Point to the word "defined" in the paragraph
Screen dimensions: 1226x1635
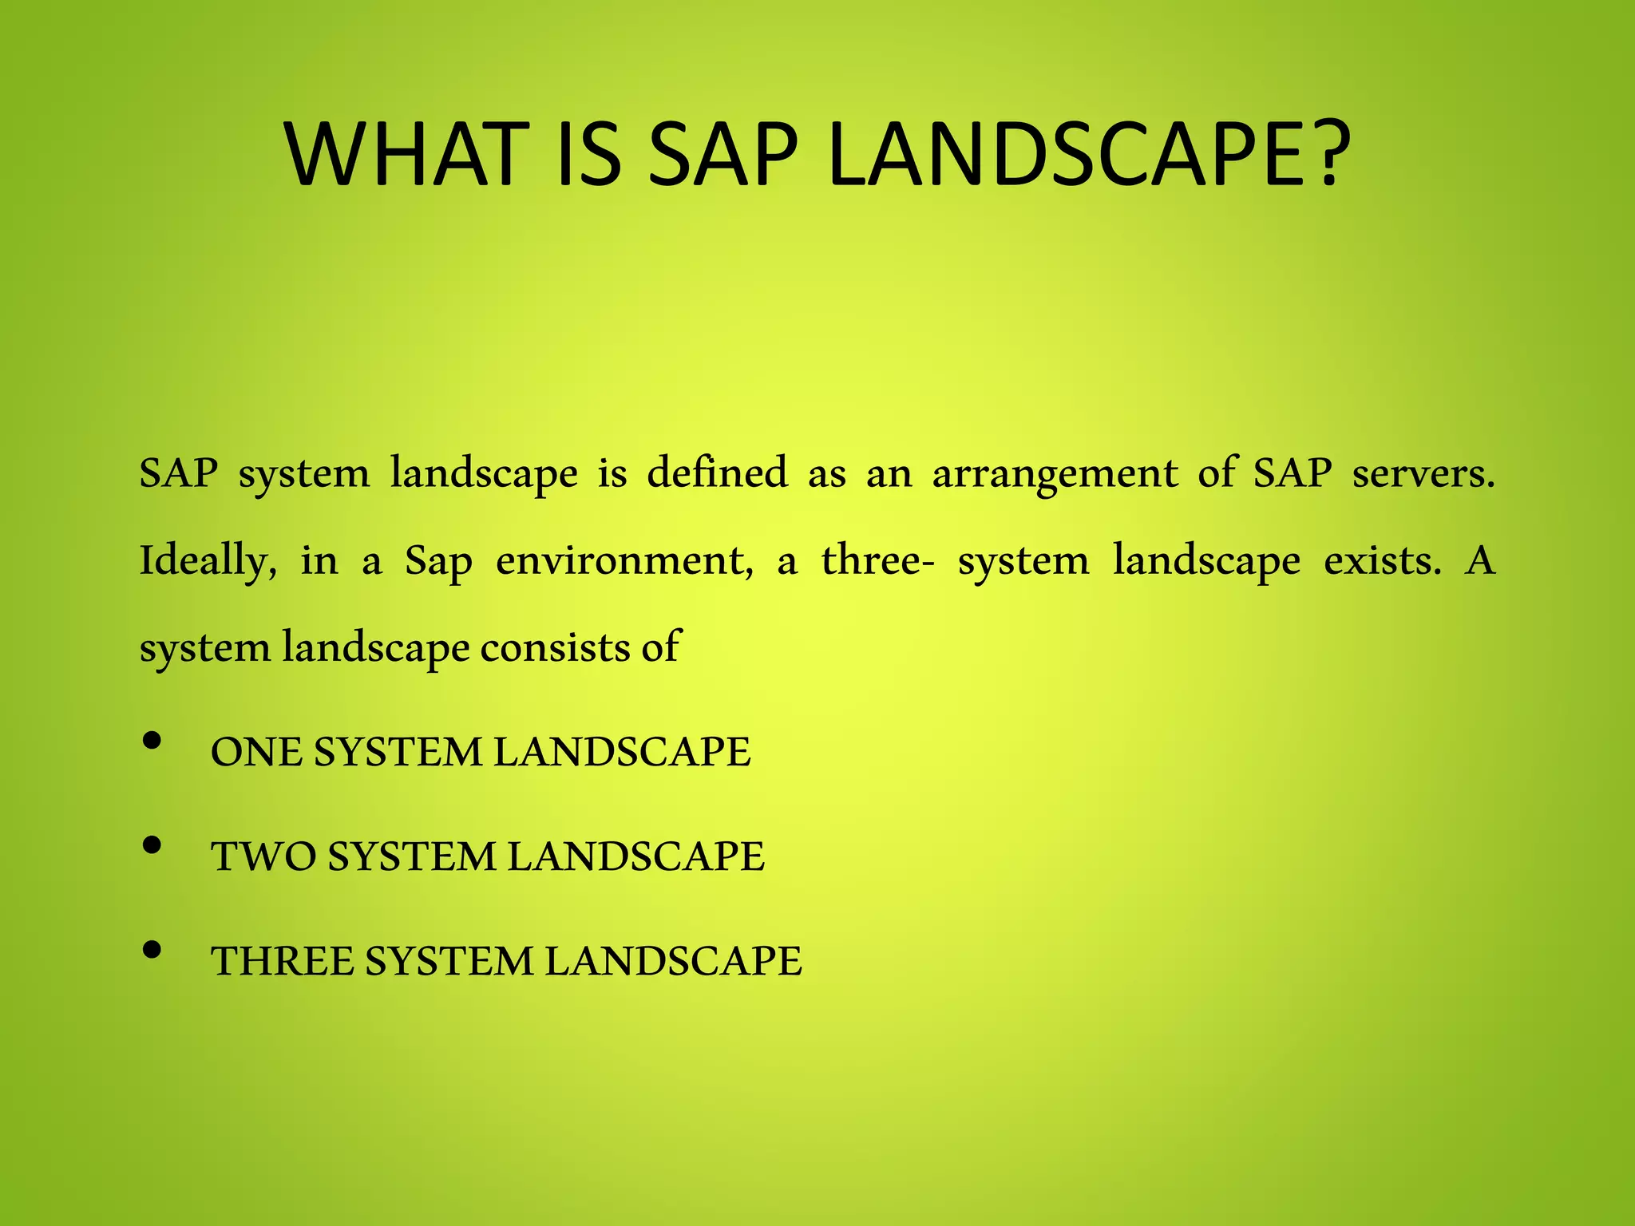[x=716, y=473]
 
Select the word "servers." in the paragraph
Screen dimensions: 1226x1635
[x=1423, y=473]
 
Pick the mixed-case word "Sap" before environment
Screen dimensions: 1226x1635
[x=438, y=561]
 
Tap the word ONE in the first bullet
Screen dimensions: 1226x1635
[x=256, y=752]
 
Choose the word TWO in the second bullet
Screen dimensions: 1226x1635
[x=263, y=856]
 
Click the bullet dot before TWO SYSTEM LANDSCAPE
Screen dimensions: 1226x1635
[x=152, y=845]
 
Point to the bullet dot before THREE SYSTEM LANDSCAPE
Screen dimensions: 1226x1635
[x=152, y=950]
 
